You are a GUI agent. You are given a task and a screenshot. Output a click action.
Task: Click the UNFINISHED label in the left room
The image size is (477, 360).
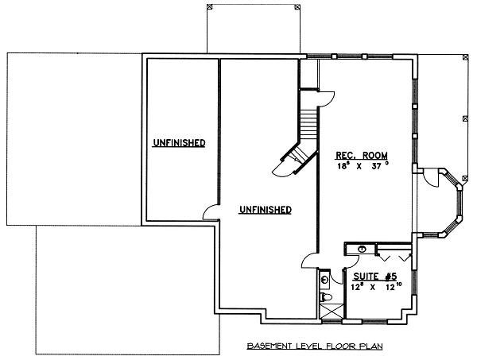pyautogui.click(x=180, y=143)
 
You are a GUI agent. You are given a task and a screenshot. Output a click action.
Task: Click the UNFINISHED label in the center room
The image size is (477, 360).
pyautogui.click(x=265, y=210)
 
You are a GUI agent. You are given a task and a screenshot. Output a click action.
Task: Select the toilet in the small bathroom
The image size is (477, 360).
pyautogui.click(x=326, y=298)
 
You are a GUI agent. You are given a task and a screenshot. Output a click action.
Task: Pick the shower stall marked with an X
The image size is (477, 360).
pyautogui.click(x=326, y=312)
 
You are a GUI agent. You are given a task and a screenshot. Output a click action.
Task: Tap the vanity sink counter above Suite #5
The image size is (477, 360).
pyautogui.click(x=361, y=249)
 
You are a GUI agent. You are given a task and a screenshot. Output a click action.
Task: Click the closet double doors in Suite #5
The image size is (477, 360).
pyautogui.click(x=394, y=255)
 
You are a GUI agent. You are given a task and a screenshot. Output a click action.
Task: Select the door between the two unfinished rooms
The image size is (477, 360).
pyautogui.click(x=211, y=212)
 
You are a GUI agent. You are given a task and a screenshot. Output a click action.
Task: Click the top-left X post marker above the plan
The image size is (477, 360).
pyautogui.click(x=209, y=6)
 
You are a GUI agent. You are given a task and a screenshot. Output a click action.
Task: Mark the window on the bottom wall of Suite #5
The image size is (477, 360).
pyautogui.click(x=374, y=322)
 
